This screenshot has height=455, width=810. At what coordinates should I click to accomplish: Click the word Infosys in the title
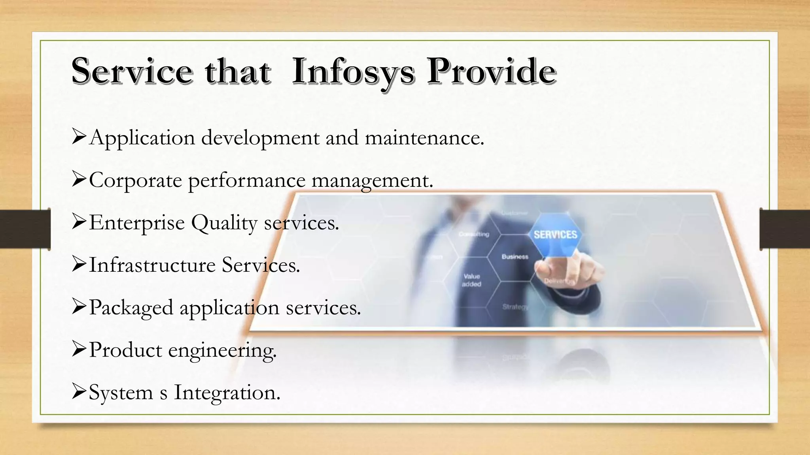[353, 71]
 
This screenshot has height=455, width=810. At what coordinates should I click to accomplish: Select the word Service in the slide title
[132, 71]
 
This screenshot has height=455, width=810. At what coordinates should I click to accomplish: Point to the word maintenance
[424, 138]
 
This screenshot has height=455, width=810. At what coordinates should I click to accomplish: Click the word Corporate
[135, 181]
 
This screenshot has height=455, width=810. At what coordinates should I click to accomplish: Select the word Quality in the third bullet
[224, 223]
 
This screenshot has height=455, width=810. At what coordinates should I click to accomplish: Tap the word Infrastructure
[152, 265]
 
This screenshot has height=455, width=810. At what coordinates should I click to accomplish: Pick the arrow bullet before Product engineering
[79, 349]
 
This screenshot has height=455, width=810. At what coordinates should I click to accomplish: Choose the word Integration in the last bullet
[227, 393]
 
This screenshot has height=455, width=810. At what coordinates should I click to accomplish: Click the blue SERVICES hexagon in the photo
[555, 235]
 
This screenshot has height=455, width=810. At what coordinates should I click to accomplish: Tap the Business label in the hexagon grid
[515, 257]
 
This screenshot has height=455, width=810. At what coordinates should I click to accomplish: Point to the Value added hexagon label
[471, 280]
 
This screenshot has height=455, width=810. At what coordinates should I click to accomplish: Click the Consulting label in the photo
[474, 234]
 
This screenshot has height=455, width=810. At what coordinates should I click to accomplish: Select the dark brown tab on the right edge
[785, 229]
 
